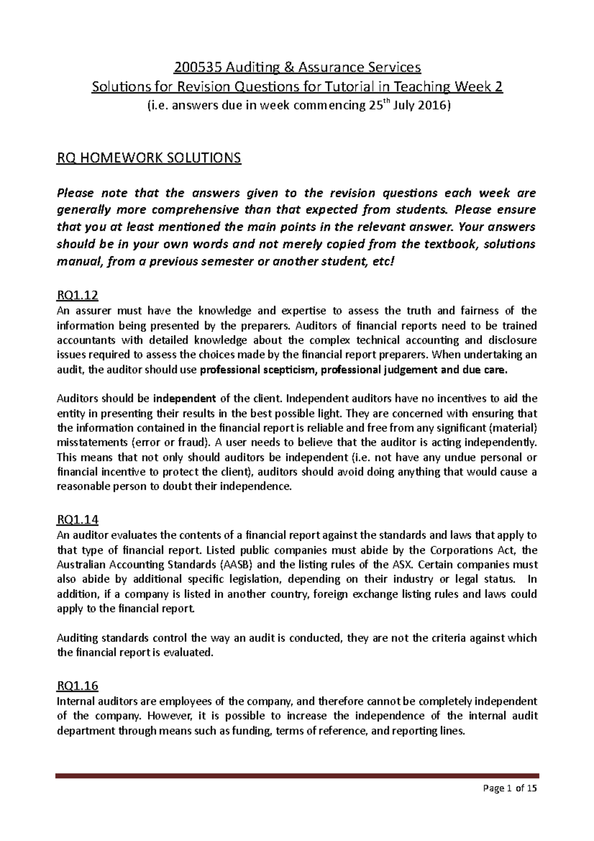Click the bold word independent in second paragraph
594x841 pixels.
click(185, 398)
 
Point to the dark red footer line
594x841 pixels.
click(297, 776)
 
